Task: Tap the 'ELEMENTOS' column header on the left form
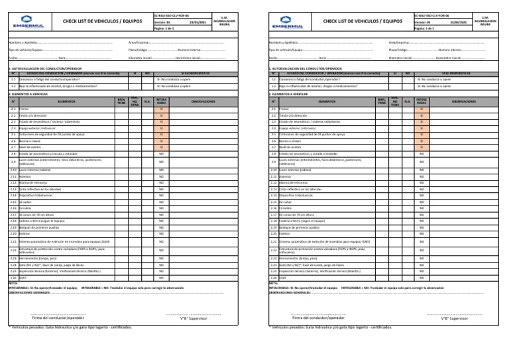click(66, 101)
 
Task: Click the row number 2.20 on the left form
click(13, 234)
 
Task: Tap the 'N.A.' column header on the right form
click(407, 101)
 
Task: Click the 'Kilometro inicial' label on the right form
click(404, 58)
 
